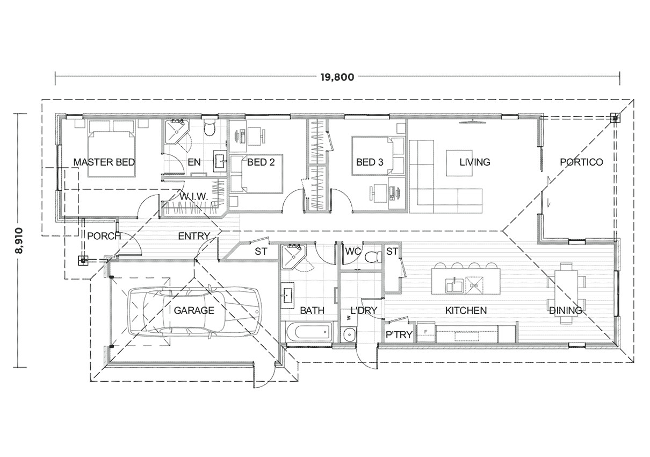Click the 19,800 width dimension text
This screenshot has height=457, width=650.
337,76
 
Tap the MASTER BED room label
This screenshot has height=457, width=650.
104,162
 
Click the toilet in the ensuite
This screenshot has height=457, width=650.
210,128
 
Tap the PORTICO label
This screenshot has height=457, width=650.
581,162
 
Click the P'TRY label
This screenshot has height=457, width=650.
399,335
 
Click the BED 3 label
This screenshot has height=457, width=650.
369,162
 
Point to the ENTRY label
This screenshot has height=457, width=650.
193,235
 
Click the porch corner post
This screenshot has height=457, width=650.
82,261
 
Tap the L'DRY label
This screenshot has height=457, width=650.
364,310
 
